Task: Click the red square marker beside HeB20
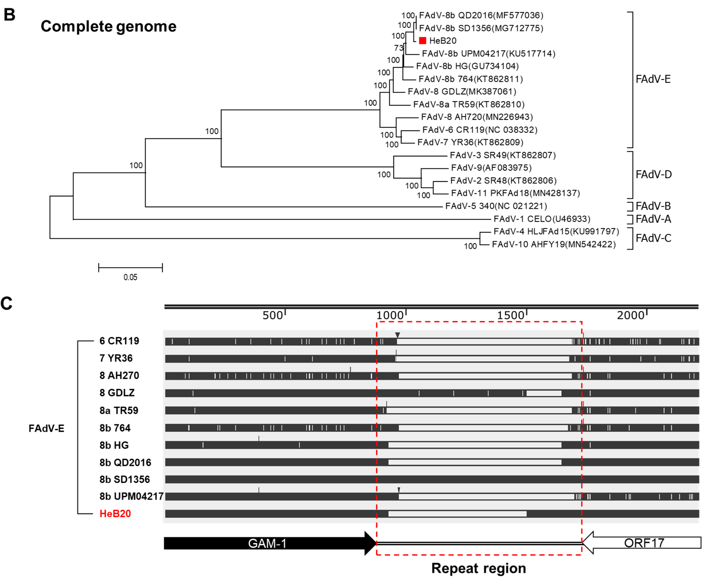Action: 422,41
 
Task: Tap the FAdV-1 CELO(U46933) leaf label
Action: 542,219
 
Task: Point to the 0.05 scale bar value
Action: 130,277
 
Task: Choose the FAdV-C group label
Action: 653,238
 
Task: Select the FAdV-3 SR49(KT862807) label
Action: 502,155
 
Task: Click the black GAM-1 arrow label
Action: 267,543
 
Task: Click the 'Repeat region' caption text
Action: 479,568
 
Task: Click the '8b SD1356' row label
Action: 125,479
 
